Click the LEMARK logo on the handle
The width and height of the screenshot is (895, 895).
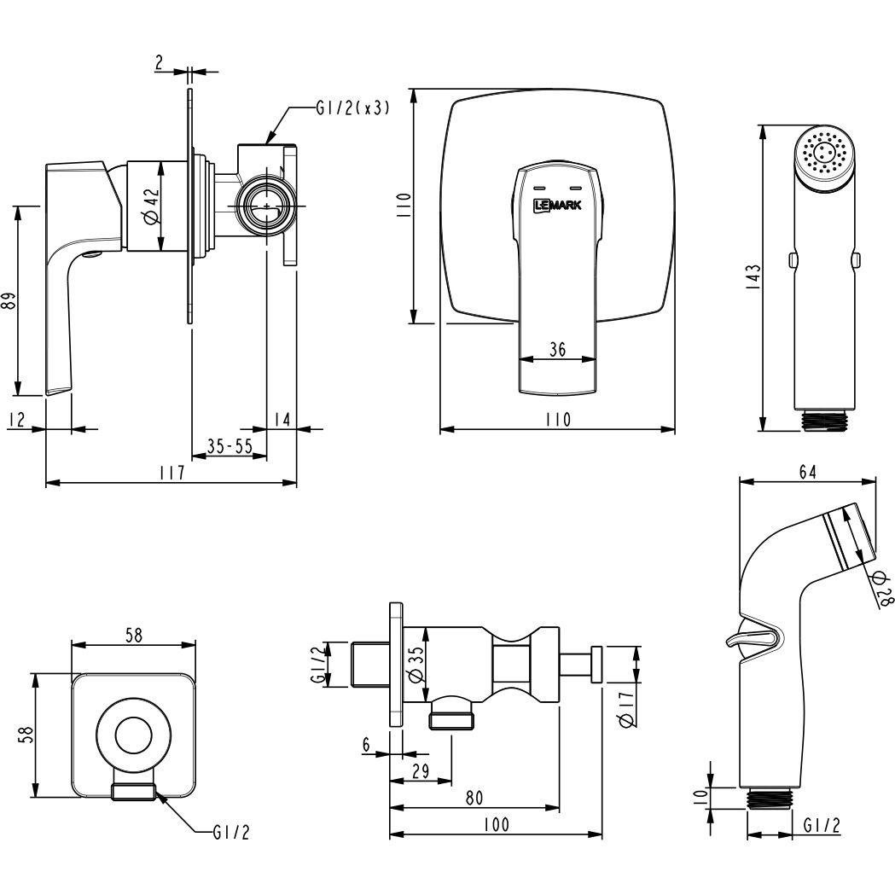[x=557, y=205]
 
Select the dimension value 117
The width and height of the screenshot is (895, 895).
[x=172, y=473]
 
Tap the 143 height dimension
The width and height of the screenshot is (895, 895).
[x=754, y=277]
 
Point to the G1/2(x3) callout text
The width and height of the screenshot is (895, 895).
[x=352, y=108]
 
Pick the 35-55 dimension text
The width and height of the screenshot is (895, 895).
[x=230, y=445]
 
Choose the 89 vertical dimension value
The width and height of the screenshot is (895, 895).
[x=9, y=300]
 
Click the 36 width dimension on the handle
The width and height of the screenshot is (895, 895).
[x=557, y=349]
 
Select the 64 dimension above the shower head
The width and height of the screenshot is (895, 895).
[x=807, y=472]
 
